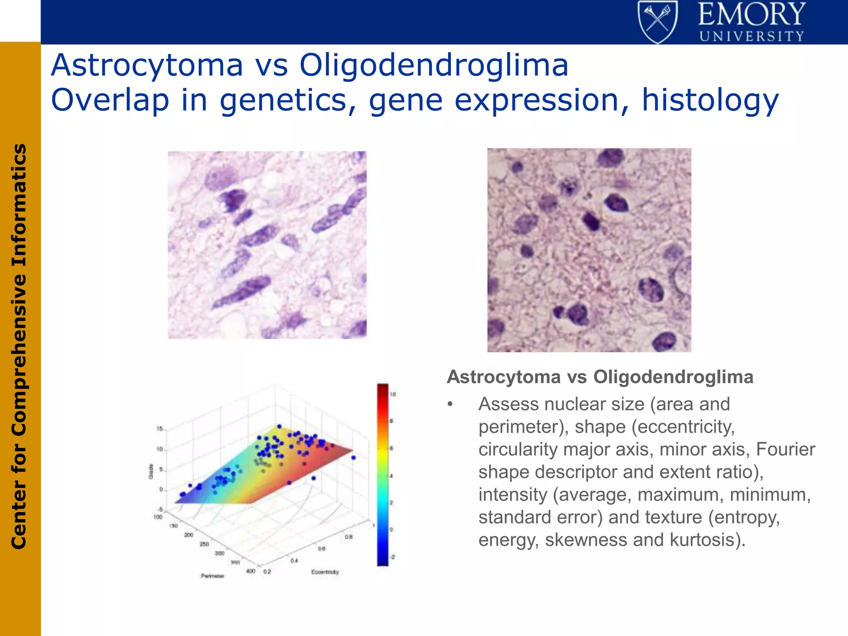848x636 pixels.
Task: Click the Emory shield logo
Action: tap(657, 22)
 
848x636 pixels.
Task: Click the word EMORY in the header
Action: tap(752, 14)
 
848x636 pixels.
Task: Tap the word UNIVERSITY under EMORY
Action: tap(752, 36)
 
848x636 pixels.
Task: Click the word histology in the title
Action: tap(710, 101)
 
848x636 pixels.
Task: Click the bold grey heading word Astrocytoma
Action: tap(503, 377)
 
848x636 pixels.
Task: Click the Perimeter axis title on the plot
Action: tap(212, 576)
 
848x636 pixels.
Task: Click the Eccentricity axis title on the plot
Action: tap(325, 572)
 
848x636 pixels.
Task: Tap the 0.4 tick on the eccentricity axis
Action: tap(294, 561)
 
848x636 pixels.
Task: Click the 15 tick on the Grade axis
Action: tap(160, 429)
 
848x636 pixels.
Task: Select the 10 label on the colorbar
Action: tap(393, 395)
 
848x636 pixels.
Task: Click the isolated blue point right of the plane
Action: tap(353, 458)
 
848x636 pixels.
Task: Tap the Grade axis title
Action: tap(151, 472)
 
